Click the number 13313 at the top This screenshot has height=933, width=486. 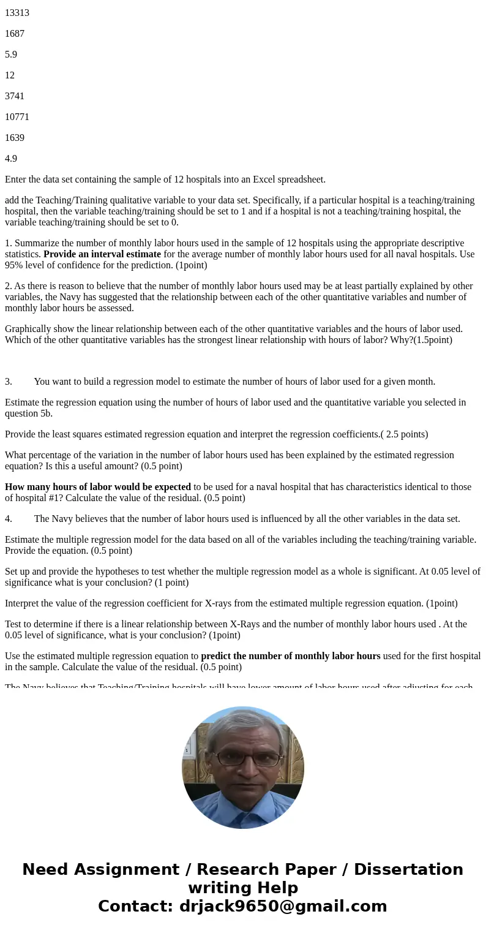tap(17, 13)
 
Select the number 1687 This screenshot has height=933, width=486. tap(15, 34)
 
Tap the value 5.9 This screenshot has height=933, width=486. tap(11, 55)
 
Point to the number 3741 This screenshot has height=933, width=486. tap(15, 96)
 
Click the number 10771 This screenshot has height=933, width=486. tap(17, 117)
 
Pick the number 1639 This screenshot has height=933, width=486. tap(15, 138)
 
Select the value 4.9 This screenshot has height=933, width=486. tap(11, 159)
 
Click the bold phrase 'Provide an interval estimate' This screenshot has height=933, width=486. tap(102, 254)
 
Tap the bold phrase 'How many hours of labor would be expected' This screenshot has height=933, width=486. tap(98, 487)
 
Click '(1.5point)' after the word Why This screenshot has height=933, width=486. tap(431, 340)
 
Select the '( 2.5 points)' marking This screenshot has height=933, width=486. tap(404, 434)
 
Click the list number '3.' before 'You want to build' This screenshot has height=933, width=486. tap(9, 382)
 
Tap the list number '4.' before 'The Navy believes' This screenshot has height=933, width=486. tap(9, 519)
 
